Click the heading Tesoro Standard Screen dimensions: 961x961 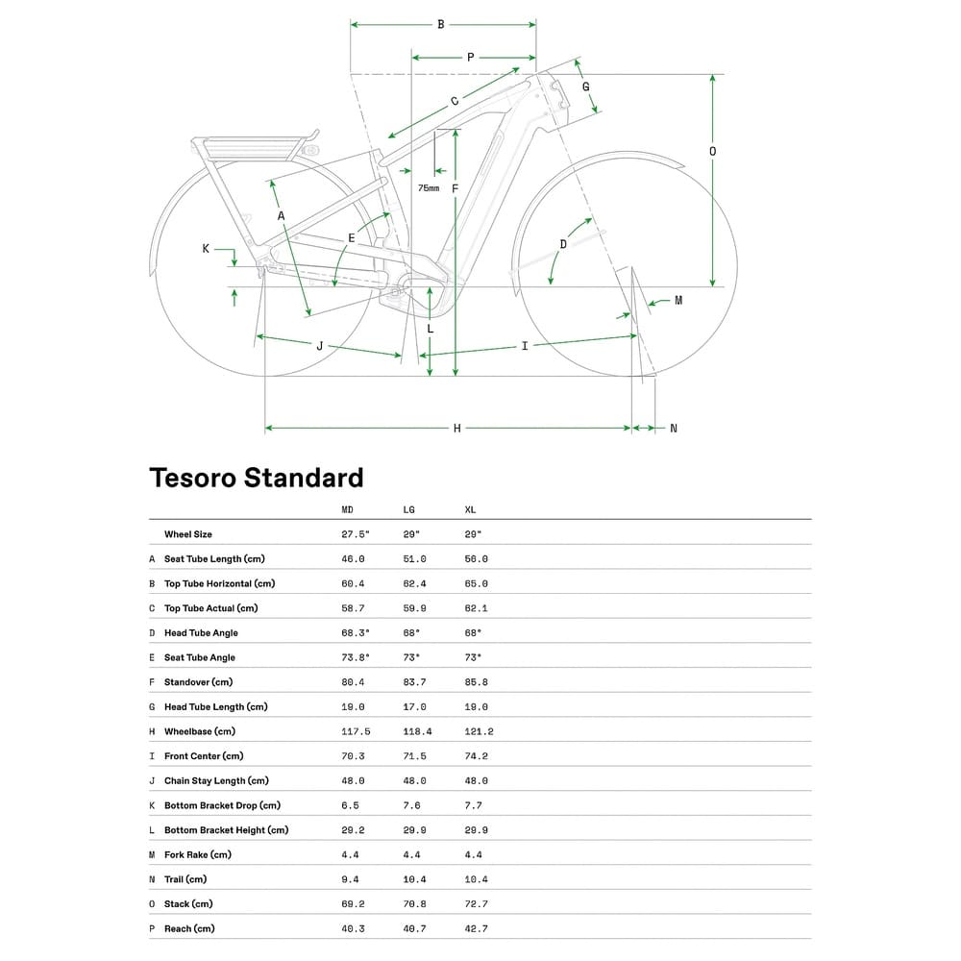tap(256, 478)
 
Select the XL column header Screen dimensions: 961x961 tap(470, 509)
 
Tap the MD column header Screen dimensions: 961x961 tap(348, 509)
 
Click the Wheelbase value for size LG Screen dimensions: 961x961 tap(416, 731)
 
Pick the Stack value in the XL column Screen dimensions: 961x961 tap(476, 904)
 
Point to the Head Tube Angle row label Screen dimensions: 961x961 tap(201, 633)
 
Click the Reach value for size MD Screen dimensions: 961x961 tap(354, 928)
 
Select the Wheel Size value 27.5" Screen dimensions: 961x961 tap(356, 534)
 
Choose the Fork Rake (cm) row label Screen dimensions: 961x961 tap(197, 854)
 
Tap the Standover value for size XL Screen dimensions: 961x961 tap(476, 682)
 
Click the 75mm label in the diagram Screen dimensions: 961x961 tap(429, 188)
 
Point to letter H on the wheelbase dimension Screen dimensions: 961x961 tap(457, 428)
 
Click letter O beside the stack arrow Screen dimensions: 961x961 tap(712, 151)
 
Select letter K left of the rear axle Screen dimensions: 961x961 tap(206, 249)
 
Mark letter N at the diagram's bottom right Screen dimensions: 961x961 tap(673, 428)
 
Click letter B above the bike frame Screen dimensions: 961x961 tap(441, 25)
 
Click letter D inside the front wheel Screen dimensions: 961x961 tap(563, 244)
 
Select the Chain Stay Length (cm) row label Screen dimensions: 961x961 tap(216, 781)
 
